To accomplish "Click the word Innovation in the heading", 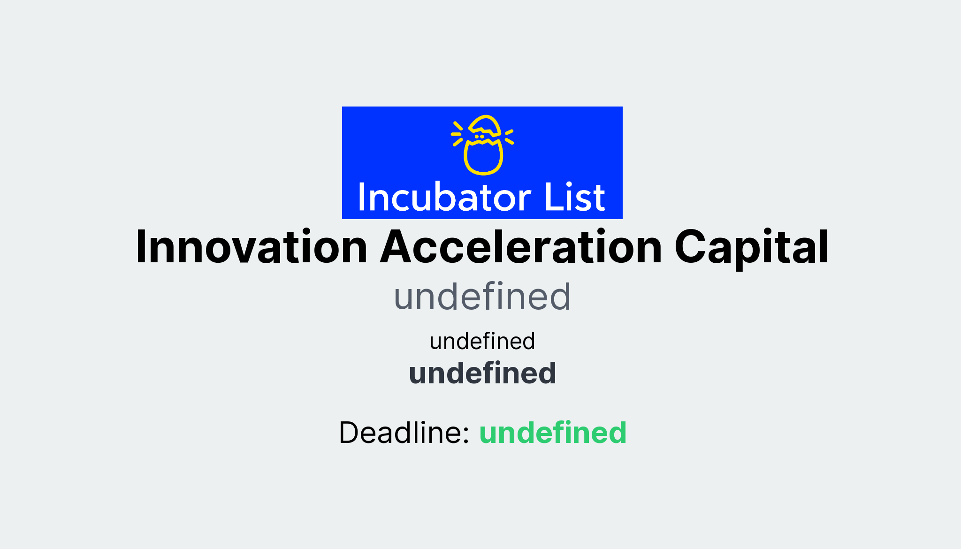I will (251, 247).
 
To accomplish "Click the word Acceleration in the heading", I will (521, 247).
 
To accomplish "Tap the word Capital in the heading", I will (751, 247).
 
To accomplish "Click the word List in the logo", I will (574, 197).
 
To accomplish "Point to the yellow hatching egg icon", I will (483, 145).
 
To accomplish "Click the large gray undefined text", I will (482, 297).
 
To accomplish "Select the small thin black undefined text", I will (482, 341).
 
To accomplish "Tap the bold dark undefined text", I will (482, 373).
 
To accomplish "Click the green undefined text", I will (552, 432).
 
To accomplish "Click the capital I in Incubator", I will (362, 197).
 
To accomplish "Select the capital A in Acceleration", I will (396, 247).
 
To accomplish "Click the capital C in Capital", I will (690, 247).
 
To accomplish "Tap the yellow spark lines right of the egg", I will (509, 137).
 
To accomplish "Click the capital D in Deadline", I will (350, 432).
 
